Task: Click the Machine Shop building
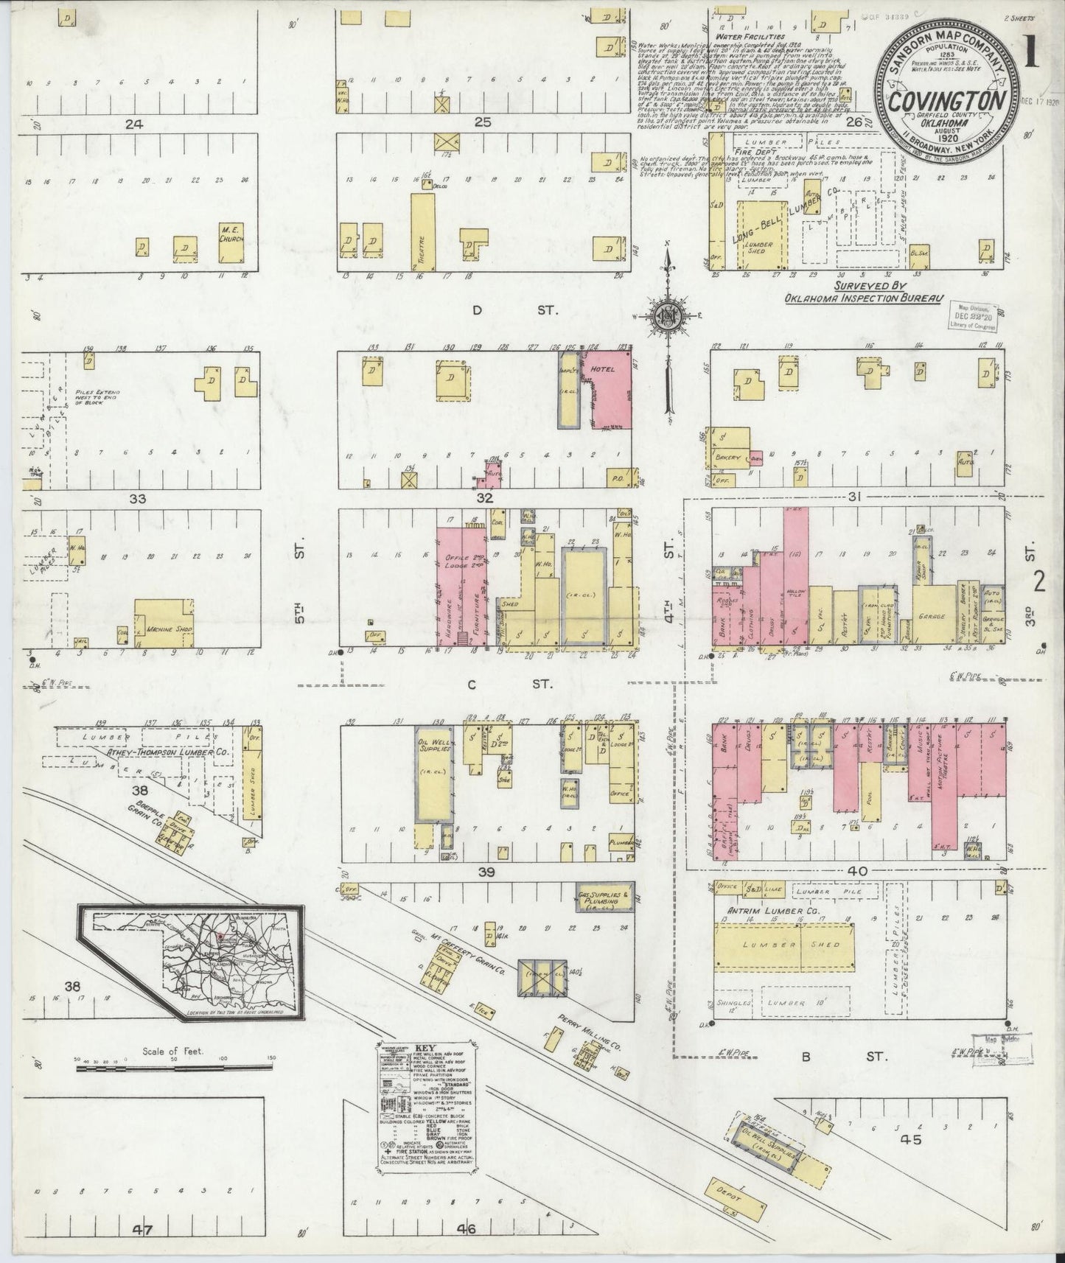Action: point(164,623)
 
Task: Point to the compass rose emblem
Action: point(667,313)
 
